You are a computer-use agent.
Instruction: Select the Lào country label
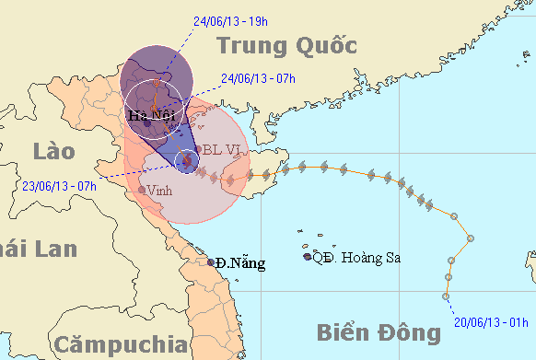tap(52, 151)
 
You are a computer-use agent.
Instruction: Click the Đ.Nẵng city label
tap(241, 263)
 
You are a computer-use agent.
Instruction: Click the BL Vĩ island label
tap(224, 149)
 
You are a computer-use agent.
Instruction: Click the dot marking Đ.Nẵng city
tap(211, 262)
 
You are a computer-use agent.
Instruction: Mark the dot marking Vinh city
tap(141, 190)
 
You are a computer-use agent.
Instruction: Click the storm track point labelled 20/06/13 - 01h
tap(446, 297)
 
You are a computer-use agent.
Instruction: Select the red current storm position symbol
tap(187, 161)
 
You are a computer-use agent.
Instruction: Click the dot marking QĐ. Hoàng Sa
tap(308, 257)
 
